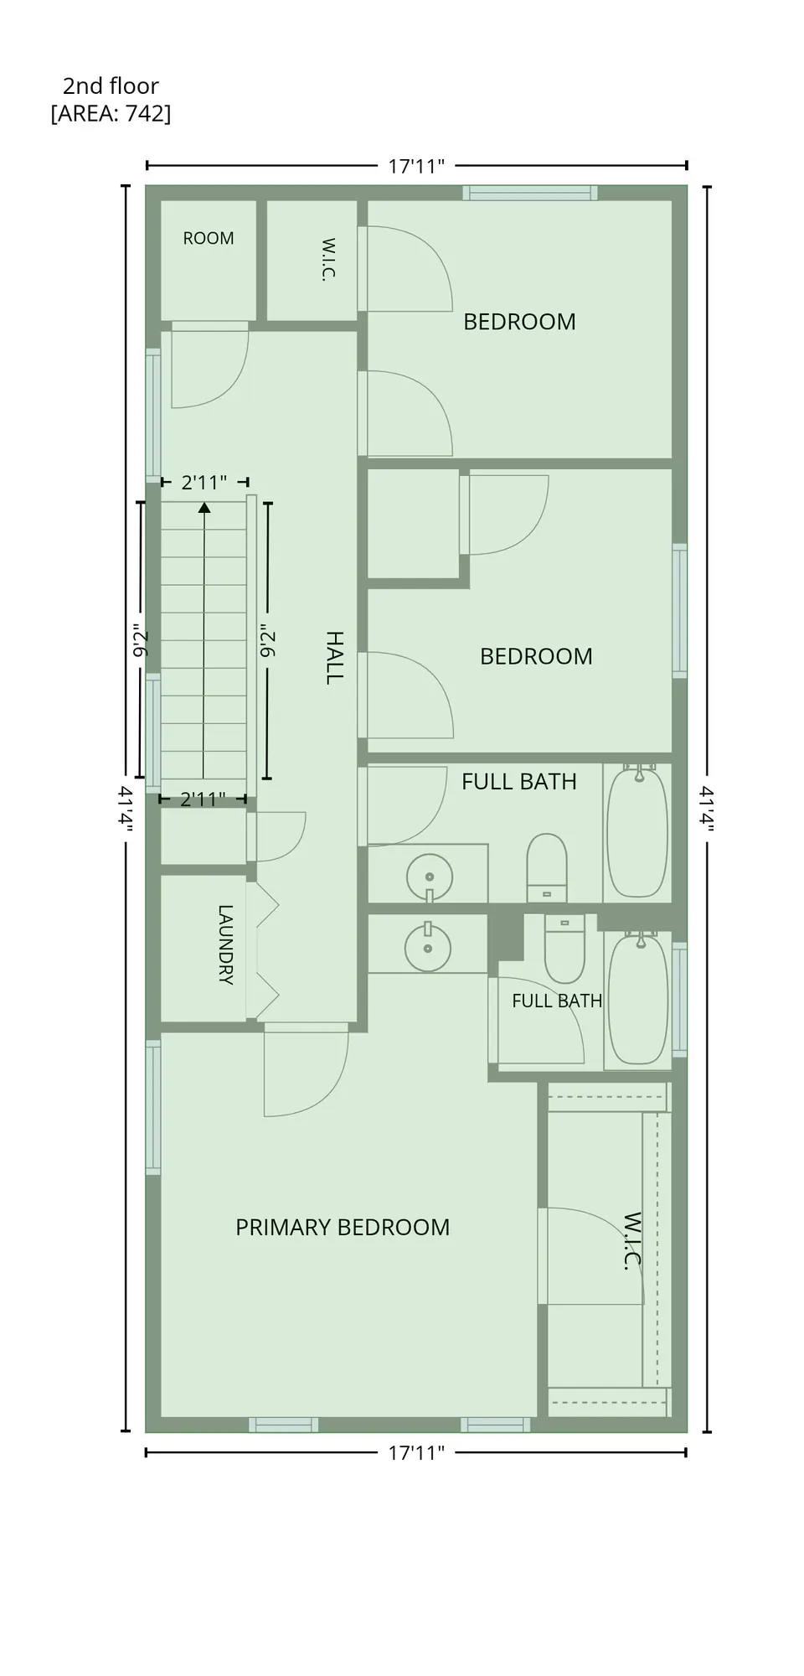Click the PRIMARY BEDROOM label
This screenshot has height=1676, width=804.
pyautogui.click(x=343, y=1228)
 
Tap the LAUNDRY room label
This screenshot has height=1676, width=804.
pyautogui.click(x=225, y=944)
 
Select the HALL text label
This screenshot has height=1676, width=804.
pyautogui.click(x=334, y=659)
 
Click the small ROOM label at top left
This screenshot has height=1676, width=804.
pyautogui.click(x=209, y=238)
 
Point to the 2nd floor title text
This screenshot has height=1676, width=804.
pyautogui.click(x=111, y=85)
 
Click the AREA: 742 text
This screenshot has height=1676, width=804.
pyautogui.click(x=111, y=113)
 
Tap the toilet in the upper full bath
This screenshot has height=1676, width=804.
pyautogui.click(x=547, y=867)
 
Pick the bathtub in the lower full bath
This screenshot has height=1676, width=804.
pyautogui.click(x=639, y=997)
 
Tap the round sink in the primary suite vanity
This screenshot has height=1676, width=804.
pyautogui.click(x=428, y=947)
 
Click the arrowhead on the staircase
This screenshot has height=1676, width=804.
pyautogui.click(x=204, y=507)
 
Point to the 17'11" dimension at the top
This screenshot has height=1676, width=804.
pyautogui.click(x=415, y=166)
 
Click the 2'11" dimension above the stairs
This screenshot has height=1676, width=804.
pyautogui.click(x=204, y=483)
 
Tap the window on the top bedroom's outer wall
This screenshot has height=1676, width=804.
pyautogui.click(x=530, y=193)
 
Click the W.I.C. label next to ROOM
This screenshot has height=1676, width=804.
pyautogui.click(x=328, y=260)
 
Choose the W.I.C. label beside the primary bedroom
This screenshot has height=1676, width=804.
pyautogui.click(x=632, y=1240)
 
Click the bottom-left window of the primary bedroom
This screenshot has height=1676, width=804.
pyautogui.click(x=284, y=1425)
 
